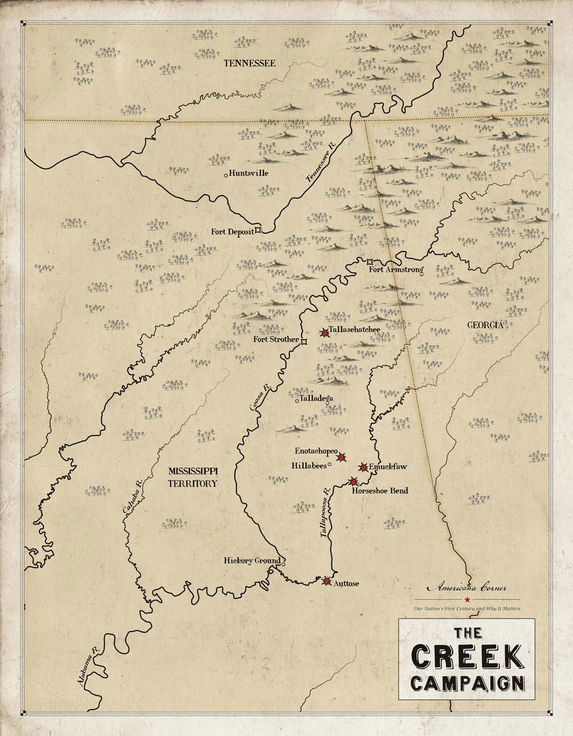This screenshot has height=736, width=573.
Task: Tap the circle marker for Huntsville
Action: [225, 175]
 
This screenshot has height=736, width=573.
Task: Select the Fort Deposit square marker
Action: [258, 230]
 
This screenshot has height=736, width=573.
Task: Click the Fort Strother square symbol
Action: [303, 342]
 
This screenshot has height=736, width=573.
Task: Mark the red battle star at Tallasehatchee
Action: [324, 333]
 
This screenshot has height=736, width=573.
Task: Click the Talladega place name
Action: [316, 398]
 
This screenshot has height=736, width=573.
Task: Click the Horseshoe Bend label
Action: [380, 490]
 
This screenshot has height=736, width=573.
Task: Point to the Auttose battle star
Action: [327, 581]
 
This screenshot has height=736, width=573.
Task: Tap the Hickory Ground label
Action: [252, 561]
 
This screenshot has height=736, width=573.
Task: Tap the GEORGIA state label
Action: [484, 325]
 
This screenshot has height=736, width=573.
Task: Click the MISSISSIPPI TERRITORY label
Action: [192, 476]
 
